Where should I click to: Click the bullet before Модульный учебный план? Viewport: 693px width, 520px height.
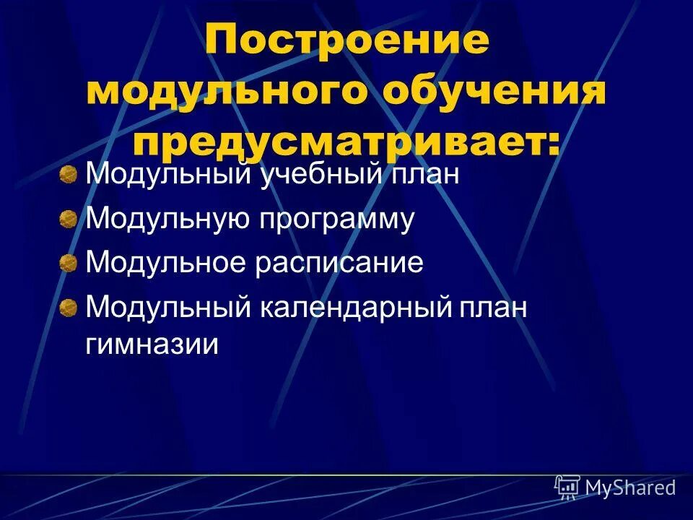69,175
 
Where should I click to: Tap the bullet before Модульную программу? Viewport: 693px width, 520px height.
69,219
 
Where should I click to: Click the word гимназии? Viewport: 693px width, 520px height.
152,344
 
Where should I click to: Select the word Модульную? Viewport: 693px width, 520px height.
167,219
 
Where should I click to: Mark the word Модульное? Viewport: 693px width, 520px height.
167,263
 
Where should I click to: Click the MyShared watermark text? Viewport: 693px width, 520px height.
630,487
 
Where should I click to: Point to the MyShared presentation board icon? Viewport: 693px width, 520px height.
567,487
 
